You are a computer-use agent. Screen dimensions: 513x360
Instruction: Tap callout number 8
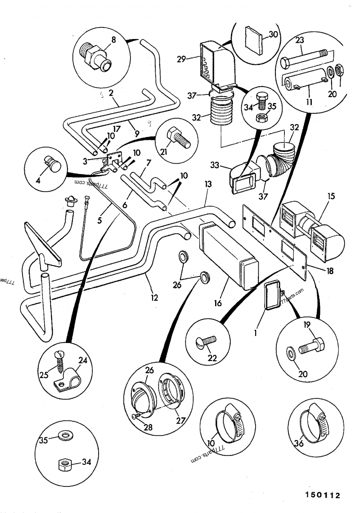point(113,40)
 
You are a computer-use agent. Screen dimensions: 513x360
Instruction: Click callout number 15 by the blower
point(332,197)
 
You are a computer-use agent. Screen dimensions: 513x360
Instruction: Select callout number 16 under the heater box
point(218,303)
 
